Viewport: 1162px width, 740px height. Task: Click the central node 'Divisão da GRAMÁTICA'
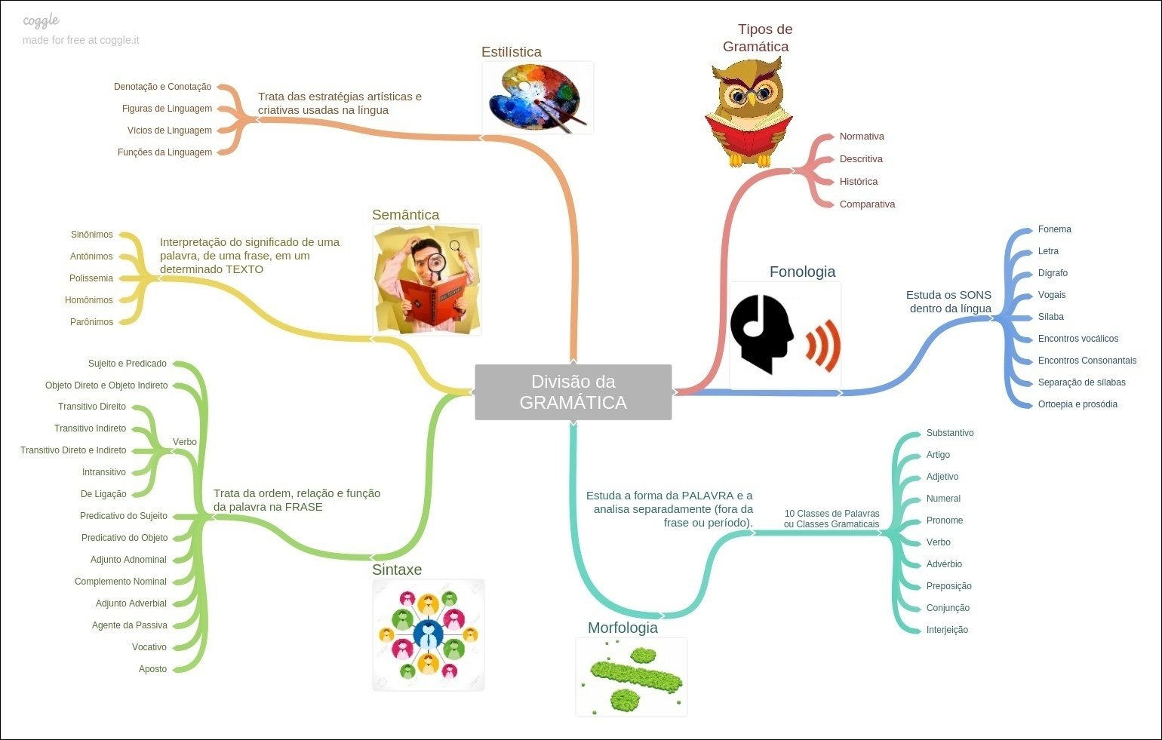tap(573, 392)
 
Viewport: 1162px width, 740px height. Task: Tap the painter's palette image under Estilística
tap(537, 97)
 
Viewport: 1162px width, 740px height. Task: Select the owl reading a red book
tap(749, 113)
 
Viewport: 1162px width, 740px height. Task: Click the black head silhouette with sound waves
tap(785, 335)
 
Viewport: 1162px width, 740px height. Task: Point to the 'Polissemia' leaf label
tap(91, 278)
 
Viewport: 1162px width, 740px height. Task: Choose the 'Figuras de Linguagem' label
tap(167, 109)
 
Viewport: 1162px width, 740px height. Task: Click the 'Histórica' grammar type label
tap(859, 182)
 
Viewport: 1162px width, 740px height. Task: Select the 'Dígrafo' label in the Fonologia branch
tap(1053, 273)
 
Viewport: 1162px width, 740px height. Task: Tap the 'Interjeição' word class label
tap(947, 630)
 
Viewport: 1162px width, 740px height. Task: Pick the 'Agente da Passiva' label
tap(130, 625)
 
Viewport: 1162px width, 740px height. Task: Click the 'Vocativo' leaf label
tap(149, 647)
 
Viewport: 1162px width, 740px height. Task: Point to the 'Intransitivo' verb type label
tap(104, 472)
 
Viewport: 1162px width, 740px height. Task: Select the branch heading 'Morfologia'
tap(622, 628)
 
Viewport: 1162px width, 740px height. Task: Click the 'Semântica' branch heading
tap(405, 215)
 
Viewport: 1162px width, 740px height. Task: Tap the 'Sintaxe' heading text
tap(397, 570)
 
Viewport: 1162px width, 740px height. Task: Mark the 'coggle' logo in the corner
tap(41, 21)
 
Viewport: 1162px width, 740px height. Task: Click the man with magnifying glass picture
tap(427, 280)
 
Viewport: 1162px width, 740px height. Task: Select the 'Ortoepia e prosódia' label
tap(1077, 404)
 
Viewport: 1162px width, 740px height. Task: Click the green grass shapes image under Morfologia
tap(632, 677)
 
